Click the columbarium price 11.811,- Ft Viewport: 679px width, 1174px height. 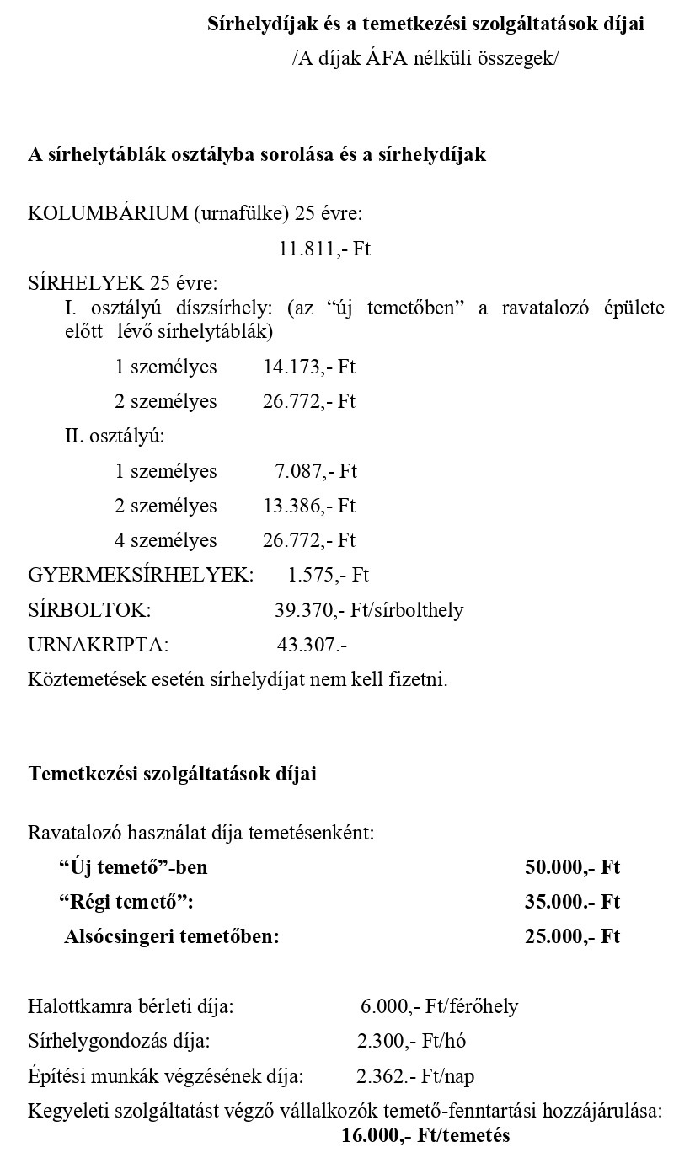click(x=324, y=249)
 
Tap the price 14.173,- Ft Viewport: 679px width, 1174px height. click(x=309, y=367)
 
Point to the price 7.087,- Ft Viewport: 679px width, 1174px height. click(x=315, y=471)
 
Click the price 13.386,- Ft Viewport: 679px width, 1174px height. click(x=309, y=506)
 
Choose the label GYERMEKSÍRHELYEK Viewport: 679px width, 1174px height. click(x=141, y=576)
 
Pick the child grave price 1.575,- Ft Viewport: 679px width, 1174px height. click(x=328, y=576)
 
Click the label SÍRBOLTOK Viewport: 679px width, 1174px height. click(x=89, y=610)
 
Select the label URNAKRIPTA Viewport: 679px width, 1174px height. click(x=98, y=646)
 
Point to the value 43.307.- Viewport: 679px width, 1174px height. click(x=312, y=646)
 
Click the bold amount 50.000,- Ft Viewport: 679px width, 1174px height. click(x=572, y=867)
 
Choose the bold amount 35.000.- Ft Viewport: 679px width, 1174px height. click(x=572, y=902)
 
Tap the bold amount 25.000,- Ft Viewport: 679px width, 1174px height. click(x=572, y=936)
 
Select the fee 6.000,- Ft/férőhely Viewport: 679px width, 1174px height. click(x=439, y=1006)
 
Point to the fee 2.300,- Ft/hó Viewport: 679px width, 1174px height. click(x=411, y=1041)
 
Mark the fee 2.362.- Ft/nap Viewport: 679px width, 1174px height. click(x=415, y=1076)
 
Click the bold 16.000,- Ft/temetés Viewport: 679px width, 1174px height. click(x=425, y=1135)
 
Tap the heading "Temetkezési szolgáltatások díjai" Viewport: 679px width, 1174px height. click(x=173, y=774)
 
